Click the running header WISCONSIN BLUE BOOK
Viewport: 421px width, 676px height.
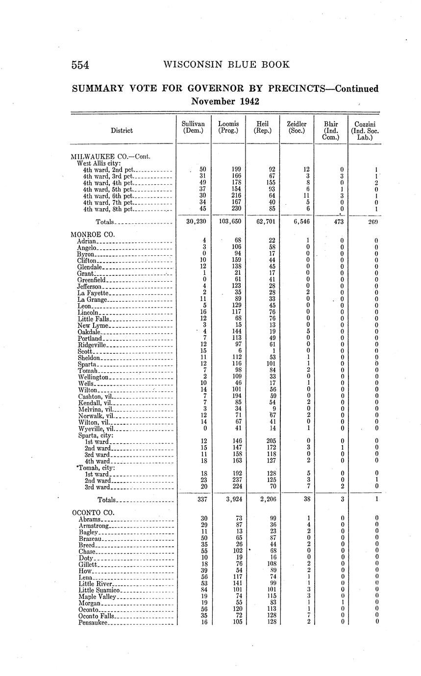226,64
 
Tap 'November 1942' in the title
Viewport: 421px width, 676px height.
225,101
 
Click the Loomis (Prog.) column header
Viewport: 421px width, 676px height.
228,127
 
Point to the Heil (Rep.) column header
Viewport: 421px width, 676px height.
263,127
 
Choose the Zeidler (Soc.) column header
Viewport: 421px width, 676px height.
297,127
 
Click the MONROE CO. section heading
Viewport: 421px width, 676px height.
93,234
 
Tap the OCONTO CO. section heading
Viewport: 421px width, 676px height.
93,512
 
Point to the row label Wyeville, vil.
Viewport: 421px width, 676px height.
96,428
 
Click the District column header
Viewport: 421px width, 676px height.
122,130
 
